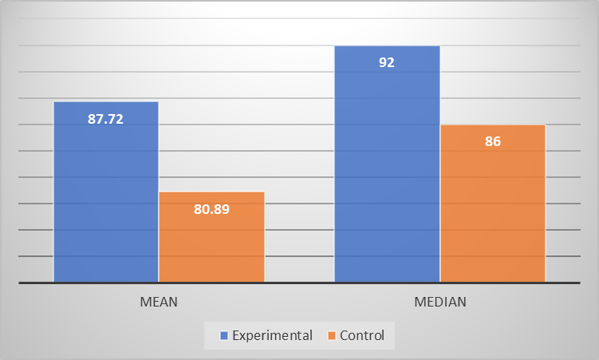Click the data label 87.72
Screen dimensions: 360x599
coord(106,119)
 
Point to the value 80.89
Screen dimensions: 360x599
coord(211,209)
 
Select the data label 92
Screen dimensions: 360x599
coord(386,63)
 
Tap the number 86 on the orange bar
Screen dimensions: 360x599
coord(493,142)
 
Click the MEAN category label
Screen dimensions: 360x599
coord(159,302)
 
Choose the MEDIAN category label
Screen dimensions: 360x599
coord(440,302)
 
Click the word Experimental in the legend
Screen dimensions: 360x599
coord(272,336)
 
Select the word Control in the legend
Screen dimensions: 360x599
coord(362,336)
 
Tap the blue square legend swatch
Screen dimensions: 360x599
coord(225,336)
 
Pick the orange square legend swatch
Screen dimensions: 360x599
coord(332,336)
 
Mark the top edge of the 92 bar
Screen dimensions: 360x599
coord(387,46)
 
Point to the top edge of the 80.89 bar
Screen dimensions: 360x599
coord(211,192)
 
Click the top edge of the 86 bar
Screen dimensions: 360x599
coord(493,125)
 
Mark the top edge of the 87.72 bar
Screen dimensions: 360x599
coord(106,102)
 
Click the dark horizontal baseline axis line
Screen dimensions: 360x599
coord(299,283)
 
